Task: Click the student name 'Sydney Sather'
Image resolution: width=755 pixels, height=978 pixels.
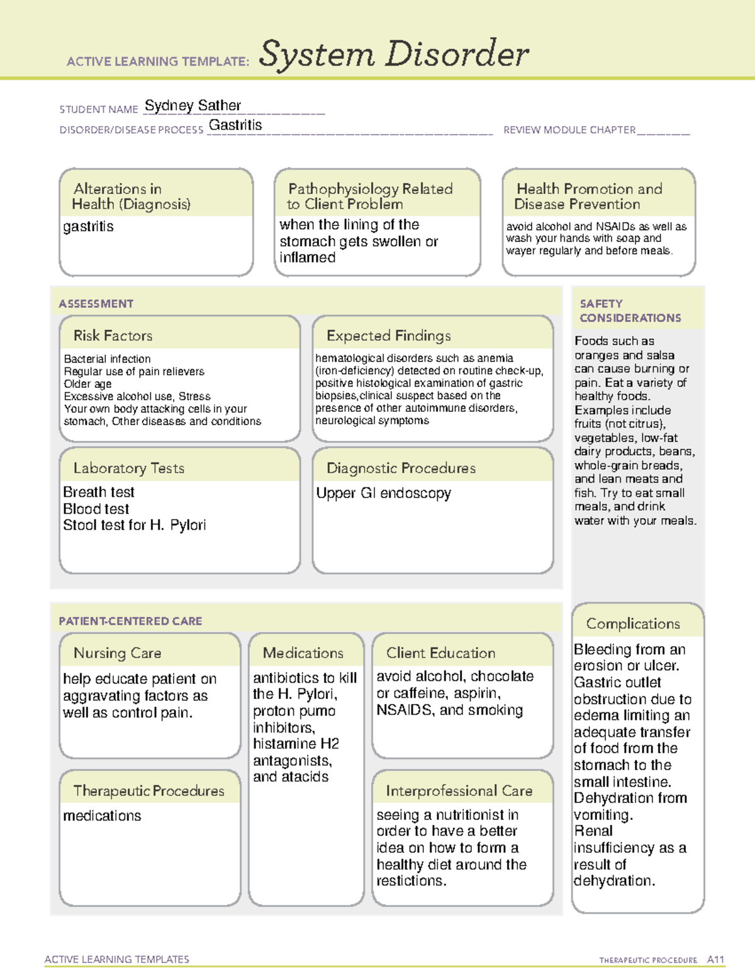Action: (x=193, y=106)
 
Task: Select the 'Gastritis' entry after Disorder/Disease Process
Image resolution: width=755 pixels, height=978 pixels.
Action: (x=235, y=125)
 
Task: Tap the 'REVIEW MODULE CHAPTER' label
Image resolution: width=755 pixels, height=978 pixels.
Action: (x=569, y=130)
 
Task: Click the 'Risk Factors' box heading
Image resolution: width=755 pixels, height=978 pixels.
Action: (x=113, y=336)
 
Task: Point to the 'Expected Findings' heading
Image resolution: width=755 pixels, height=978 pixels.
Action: (x=388, y=336)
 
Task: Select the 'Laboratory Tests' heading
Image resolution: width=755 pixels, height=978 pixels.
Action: (x=128, y=468)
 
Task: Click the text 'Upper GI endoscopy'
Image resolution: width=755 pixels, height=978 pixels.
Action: (x=383, y=493)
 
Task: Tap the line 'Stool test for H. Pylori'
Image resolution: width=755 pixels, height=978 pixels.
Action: (x=134, y=525)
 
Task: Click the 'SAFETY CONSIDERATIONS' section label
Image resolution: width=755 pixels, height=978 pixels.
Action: (x=630, y=311)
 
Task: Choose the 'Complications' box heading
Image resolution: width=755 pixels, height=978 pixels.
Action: (x=633, y=623)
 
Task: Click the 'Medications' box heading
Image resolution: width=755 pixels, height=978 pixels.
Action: (x=303, y=653)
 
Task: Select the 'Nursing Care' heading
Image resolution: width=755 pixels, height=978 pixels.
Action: (x=117, y=653)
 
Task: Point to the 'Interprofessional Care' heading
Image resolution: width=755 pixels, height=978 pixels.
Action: (x=459, y=791)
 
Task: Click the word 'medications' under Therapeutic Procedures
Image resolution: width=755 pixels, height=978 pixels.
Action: (x=102, y=816)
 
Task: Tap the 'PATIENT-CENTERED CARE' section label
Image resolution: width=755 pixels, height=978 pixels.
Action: (x=130, y=621)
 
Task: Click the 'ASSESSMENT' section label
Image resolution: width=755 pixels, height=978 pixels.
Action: (x=96, y=304)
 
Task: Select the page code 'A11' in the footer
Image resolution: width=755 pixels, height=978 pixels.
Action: (x=715, y=960)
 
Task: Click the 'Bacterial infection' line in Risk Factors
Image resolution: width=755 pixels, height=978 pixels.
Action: (x=107, y=359)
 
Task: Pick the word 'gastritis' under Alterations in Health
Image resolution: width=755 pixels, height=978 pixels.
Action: (x=88, y=227)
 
